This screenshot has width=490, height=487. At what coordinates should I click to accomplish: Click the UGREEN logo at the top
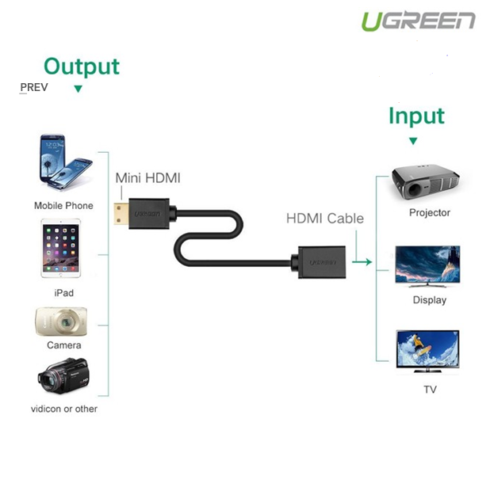pyautogui.click(x=418, y=21)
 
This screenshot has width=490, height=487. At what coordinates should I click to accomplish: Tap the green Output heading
pyautogui.click(x=82, y=66)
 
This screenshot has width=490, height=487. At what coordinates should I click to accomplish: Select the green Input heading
pyautogui.click(x=416, y=116)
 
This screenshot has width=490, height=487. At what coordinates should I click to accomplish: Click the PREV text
pyautogui.click(x=33, y=87)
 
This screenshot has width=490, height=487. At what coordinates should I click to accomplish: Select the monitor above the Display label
pyautogui.click(x=428, y=267)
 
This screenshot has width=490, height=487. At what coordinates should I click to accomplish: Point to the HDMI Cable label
pyautogui.click(x=324, y=219)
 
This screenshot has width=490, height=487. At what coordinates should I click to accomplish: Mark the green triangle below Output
pyautogui.click(x=78, y=89)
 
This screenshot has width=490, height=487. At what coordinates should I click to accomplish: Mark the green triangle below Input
pyautogui.click(x=412, y=141)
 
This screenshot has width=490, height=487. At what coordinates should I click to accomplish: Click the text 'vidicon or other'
pyautogui.click(x=63, y=409)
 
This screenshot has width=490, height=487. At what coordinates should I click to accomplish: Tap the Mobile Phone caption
pyautogui.click(x=63, y=206)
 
